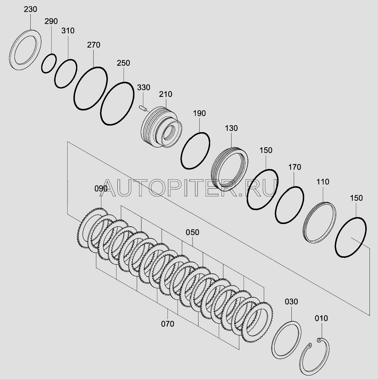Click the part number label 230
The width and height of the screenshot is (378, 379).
pyautogui.click(x=31, y=9)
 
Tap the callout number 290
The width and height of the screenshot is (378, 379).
pyautogui.click(x=51, y=21)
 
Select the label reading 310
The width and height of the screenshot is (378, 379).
pyautogui.click(x=68, y=31)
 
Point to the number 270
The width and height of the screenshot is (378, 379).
pyautogui.click(x=94, y=45)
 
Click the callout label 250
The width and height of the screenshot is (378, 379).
pyautogui.click(x=123, y=63)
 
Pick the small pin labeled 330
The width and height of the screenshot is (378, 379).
pyautogui.click(x=143, y=108)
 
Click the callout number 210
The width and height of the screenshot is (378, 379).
pyautogui.click(x=165, y=94)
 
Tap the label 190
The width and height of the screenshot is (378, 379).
pyautogui.click(x=199, y=114)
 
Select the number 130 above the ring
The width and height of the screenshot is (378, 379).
pyautogui.click(x=231, y=128)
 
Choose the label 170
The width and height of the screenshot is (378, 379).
pyautogui.click(x=294, y=167)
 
